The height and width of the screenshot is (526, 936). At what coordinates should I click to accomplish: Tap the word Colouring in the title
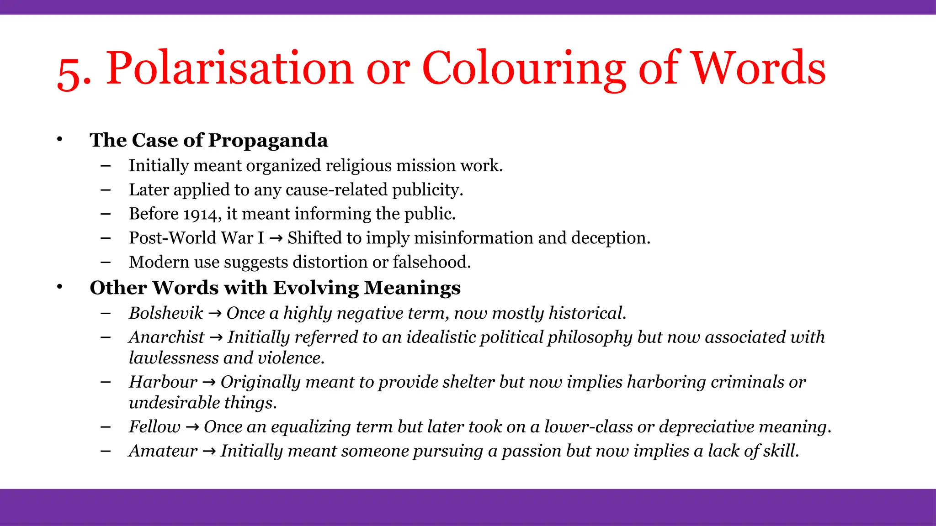524,68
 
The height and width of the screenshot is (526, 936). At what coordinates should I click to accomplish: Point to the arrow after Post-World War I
276,238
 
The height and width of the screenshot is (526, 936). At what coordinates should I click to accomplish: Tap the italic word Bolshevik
166,313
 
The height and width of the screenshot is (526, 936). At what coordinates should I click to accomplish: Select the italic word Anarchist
166,337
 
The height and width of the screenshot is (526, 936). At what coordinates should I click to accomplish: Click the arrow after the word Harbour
209,382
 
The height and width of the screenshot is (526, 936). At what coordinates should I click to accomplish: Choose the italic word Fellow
154,427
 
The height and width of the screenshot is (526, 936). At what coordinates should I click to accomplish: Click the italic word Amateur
163,451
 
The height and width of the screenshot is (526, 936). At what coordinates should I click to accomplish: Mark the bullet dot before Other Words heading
59,287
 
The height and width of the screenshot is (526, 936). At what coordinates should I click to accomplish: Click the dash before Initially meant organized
106,166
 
